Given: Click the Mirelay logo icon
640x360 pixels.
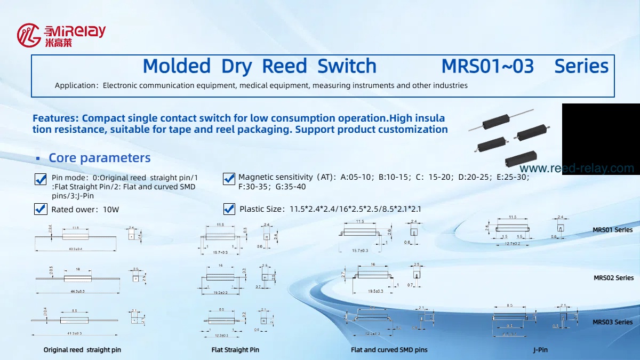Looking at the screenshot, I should [29, 35].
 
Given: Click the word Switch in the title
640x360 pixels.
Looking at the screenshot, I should [347, 66].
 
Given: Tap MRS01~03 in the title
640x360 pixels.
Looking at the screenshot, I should [487, 66].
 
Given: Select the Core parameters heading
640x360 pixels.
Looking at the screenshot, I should [99, 158].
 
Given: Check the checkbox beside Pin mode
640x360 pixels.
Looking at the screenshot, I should [41, 179].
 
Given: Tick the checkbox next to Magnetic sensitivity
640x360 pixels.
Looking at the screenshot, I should [229, 179].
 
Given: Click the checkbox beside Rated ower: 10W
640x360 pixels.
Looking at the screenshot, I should [41, 209].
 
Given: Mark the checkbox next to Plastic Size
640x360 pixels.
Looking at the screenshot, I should [229, 209].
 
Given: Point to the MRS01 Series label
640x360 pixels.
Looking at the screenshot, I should [613, 230].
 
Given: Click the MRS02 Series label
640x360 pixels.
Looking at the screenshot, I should [613, 278].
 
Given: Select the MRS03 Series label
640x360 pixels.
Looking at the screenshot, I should [613, 322].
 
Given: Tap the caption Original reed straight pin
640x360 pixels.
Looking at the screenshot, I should [82, 350].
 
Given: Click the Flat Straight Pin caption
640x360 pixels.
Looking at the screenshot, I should [235, 350].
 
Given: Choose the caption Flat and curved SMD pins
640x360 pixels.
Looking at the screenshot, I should [389, 350].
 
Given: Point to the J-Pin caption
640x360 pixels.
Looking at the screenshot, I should [540, 350].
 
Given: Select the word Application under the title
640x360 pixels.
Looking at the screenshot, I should [75, 85].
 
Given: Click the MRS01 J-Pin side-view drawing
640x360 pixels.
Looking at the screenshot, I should [513, 228].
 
